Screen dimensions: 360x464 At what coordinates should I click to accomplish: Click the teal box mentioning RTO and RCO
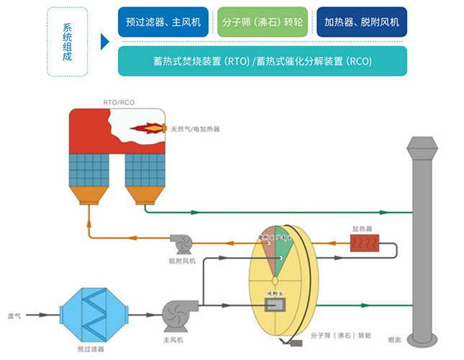tap(263, 61)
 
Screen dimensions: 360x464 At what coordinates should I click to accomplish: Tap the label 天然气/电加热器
tap(195, 129)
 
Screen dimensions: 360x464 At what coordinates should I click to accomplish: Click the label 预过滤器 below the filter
tap(90, 348)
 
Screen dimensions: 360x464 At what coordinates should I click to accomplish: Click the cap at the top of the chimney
tap(422, 148)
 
